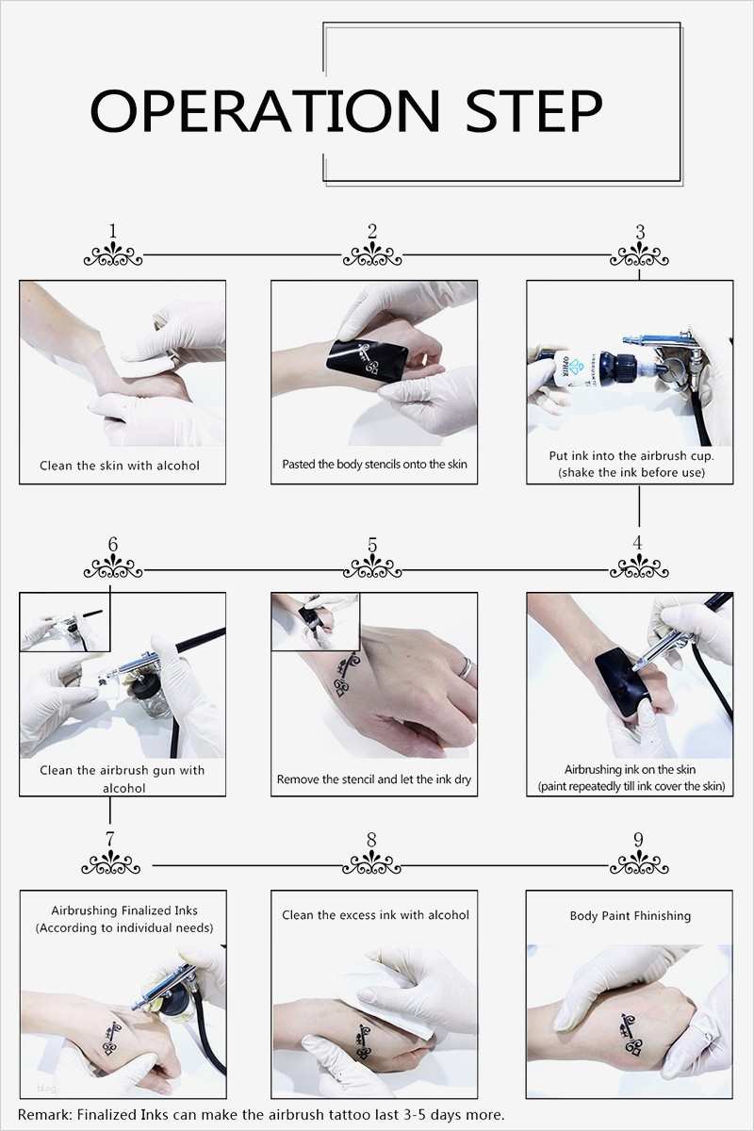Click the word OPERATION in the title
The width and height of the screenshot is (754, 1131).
(265, 111)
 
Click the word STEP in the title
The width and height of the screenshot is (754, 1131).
(533, 111)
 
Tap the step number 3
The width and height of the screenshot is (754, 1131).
(640, 232)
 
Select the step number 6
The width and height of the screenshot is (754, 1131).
(112, 545)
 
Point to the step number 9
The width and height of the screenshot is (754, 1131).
(638, 840)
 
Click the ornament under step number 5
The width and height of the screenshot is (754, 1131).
(372, 567)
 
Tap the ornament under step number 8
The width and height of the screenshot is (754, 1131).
(371, 863)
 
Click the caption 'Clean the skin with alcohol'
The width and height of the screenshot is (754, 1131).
(120, 466)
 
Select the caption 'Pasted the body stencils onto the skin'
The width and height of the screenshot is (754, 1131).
(374, 464)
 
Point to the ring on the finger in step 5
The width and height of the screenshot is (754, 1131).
(467, 668)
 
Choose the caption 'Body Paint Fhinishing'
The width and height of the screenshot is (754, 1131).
(631, 916)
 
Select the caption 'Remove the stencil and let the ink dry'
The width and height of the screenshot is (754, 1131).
(374, 779)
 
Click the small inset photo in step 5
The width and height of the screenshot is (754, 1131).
(315, 621)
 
